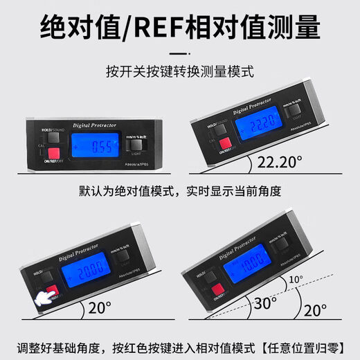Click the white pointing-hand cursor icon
[43, 298]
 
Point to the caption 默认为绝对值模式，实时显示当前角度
[180, 190]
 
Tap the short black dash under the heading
[180, 52]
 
